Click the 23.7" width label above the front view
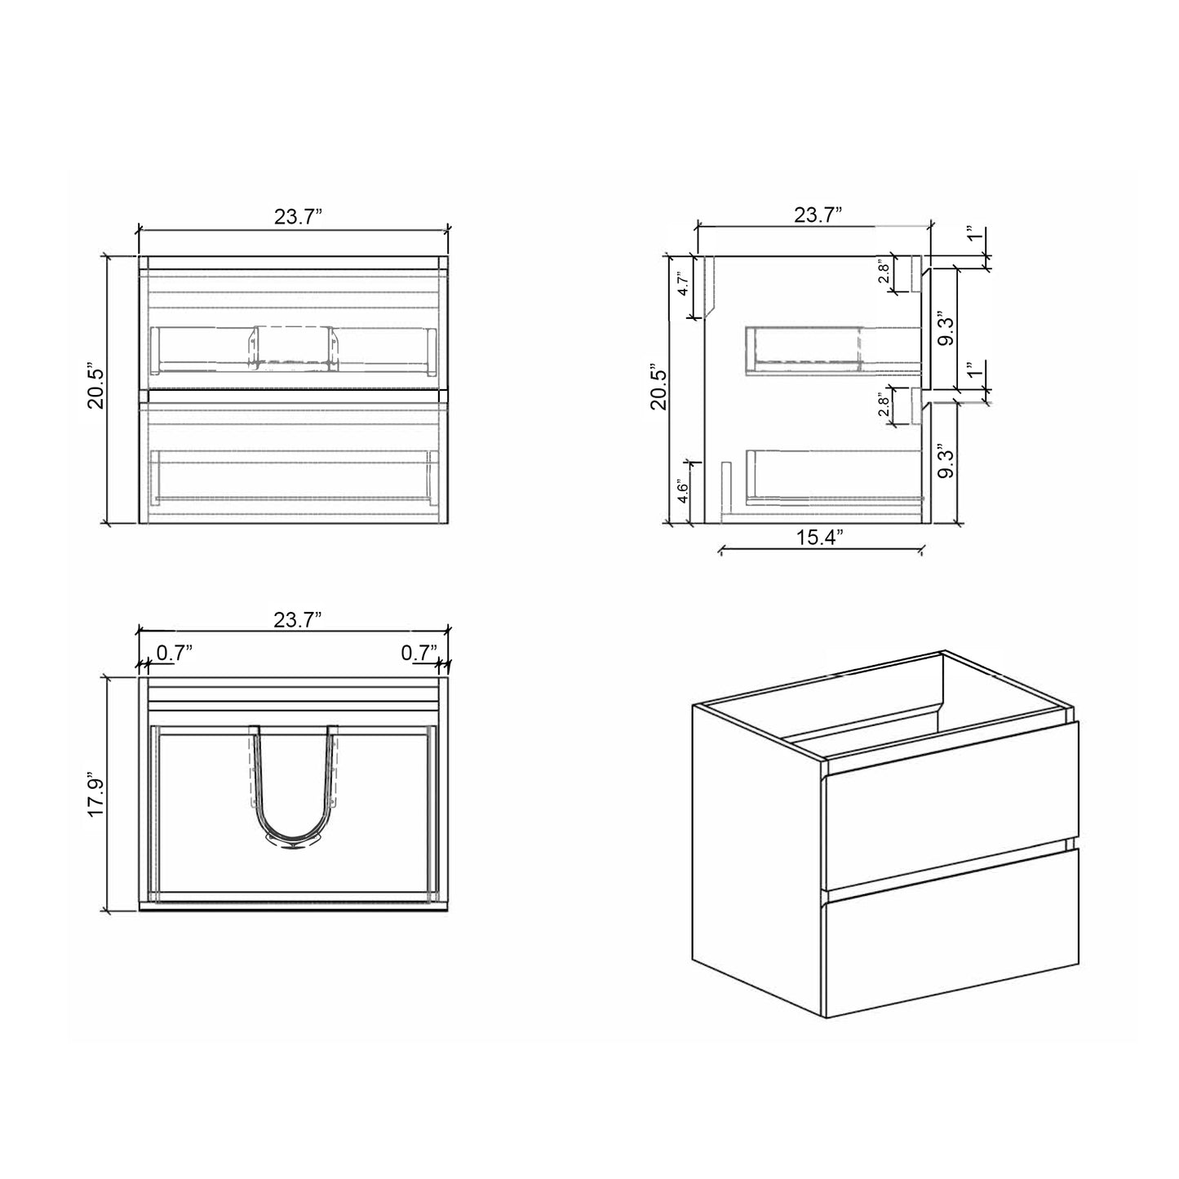coord(298,217)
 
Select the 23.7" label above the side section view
coord(818,215)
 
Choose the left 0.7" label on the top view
coord(174,653)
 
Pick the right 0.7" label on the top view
coord(419,653)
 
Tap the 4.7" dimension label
coord(684,286)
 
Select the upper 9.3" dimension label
coord(946,328)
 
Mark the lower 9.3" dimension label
coord(946,462)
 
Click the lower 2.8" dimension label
coord(884,406)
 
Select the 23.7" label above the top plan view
coord(298,620)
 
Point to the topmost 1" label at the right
coord(970,236)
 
